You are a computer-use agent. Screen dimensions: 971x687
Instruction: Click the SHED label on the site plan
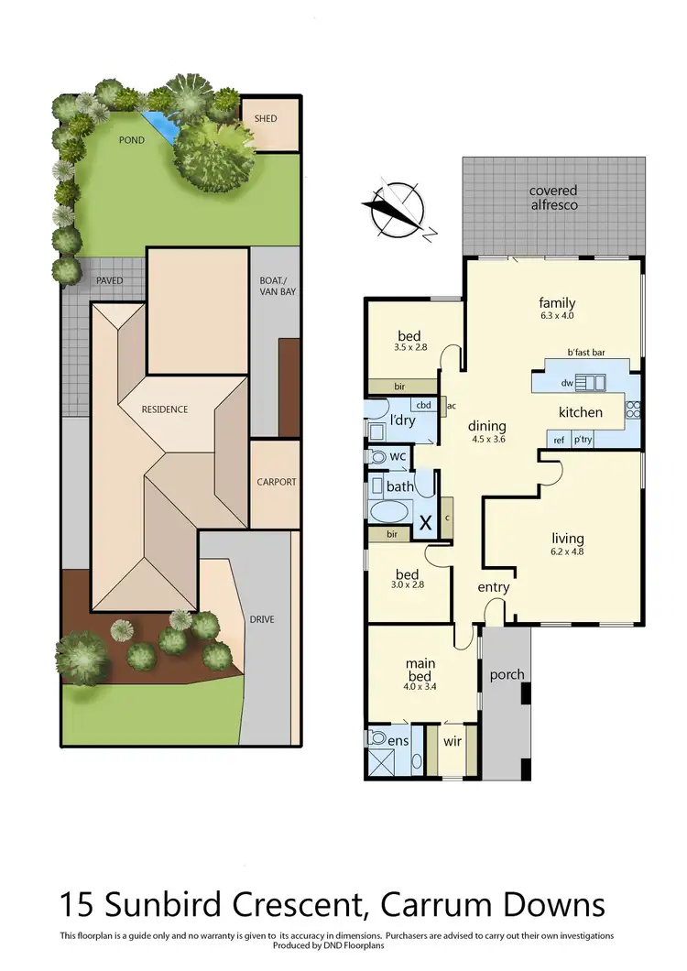[x=266, y=119]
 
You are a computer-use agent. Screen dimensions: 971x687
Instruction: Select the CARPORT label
[x=276, y=482]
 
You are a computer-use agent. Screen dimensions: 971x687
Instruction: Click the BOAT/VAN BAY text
[x=276, y=286]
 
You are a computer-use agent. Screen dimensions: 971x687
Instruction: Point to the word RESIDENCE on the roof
[x=165, y=409]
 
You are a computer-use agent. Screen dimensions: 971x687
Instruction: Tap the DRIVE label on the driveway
[x=261, y=620]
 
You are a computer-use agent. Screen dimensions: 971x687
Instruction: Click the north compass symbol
[x=398, y=211]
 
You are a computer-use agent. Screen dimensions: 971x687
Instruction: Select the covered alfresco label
[x=553, y=198]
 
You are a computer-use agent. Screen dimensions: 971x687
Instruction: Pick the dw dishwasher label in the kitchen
[x=568, y=382]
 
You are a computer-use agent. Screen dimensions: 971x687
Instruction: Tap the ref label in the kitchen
[x=559, y=440]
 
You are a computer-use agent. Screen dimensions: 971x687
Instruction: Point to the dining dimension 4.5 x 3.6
[x=487, y=440]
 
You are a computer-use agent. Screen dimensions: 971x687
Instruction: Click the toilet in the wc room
[x=376, y=456]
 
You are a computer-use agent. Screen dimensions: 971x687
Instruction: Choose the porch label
[x=507, y=675]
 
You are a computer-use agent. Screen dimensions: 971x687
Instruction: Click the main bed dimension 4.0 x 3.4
[x=422, y=686]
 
